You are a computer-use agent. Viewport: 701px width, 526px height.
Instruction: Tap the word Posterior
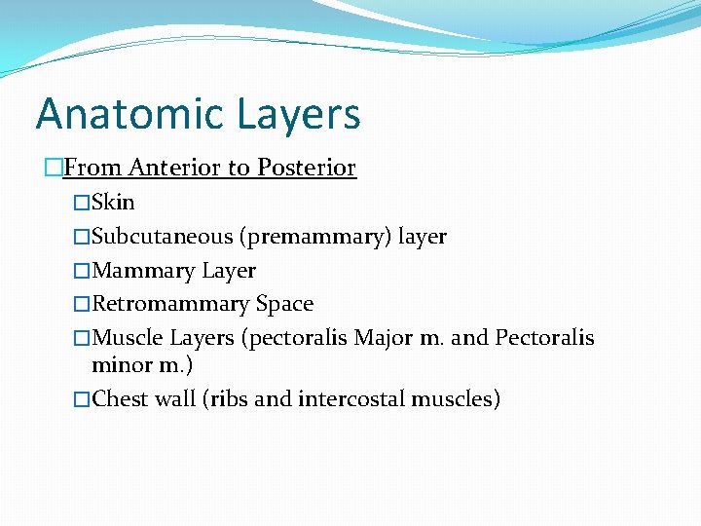306,168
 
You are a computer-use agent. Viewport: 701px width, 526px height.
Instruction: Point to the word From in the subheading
93,168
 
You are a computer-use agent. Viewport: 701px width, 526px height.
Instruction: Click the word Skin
113,203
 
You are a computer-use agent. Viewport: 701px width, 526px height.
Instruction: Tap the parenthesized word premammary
313,238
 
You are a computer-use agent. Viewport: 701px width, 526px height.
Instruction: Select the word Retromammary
170,304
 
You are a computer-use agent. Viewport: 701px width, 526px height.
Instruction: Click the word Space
284,304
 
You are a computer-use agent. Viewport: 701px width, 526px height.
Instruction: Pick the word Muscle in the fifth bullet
128,338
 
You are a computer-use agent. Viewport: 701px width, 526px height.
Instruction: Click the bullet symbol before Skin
82,204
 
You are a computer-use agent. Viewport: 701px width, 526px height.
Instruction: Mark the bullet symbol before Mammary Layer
82,271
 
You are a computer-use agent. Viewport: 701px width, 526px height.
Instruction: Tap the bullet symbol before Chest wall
82,399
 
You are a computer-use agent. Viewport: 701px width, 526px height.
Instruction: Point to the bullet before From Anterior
53,169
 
